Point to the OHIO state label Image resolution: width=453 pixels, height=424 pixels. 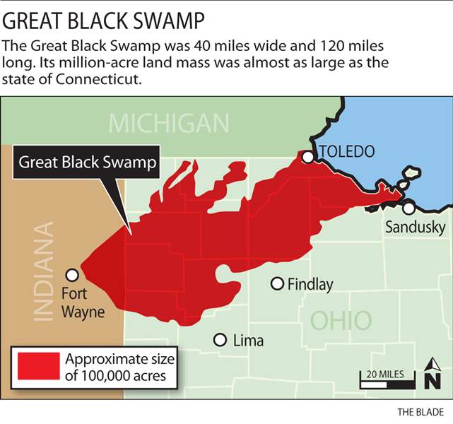[341, 320]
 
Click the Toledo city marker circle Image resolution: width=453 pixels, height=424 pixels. [308, 157]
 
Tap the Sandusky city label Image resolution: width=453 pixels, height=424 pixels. [416, 228]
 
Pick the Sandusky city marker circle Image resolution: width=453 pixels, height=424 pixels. [408, 208]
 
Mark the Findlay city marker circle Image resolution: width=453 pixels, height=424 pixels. [278, 283]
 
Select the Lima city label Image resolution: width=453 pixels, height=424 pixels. [248, 341]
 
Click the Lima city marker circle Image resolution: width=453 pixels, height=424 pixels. [220, 340]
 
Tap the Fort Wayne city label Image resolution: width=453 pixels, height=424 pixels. [83, 302]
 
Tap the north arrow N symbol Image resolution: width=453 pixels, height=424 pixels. [431, 378]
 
